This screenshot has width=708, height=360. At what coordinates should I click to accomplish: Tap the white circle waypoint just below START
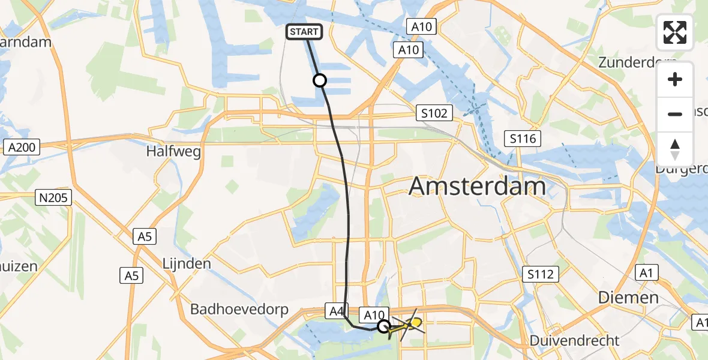click(x=320, y=80)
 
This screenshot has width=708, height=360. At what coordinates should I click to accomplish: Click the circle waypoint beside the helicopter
click(x=384, y=326)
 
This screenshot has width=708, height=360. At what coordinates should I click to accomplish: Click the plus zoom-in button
click(x=675, y=79)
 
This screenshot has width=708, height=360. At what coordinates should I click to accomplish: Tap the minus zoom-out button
click(x=675, y=114)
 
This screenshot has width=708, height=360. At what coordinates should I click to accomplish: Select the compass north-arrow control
click(x=675, y=149)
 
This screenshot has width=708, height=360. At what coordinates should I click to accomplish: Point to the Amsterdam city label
click(x=477, y=187)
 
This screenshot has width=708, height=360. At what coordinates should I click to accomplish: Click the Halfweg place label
click(x=173, y=151)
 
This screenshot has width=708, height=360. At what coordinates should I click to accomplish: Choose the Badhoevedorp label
click(x=239, y=310)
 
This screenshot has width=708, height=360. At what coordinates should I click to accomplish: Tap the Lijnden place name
click(x=187, y=263)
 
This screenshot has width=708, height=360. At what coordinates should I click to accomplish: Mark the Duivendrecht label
click(x=575, y=341)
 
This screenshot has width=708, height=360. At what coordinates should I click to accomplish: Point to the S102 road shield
click(x=434, y=113)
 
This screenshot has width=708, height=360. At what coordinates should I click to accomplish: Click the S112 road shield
click(x=541, y=274)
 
